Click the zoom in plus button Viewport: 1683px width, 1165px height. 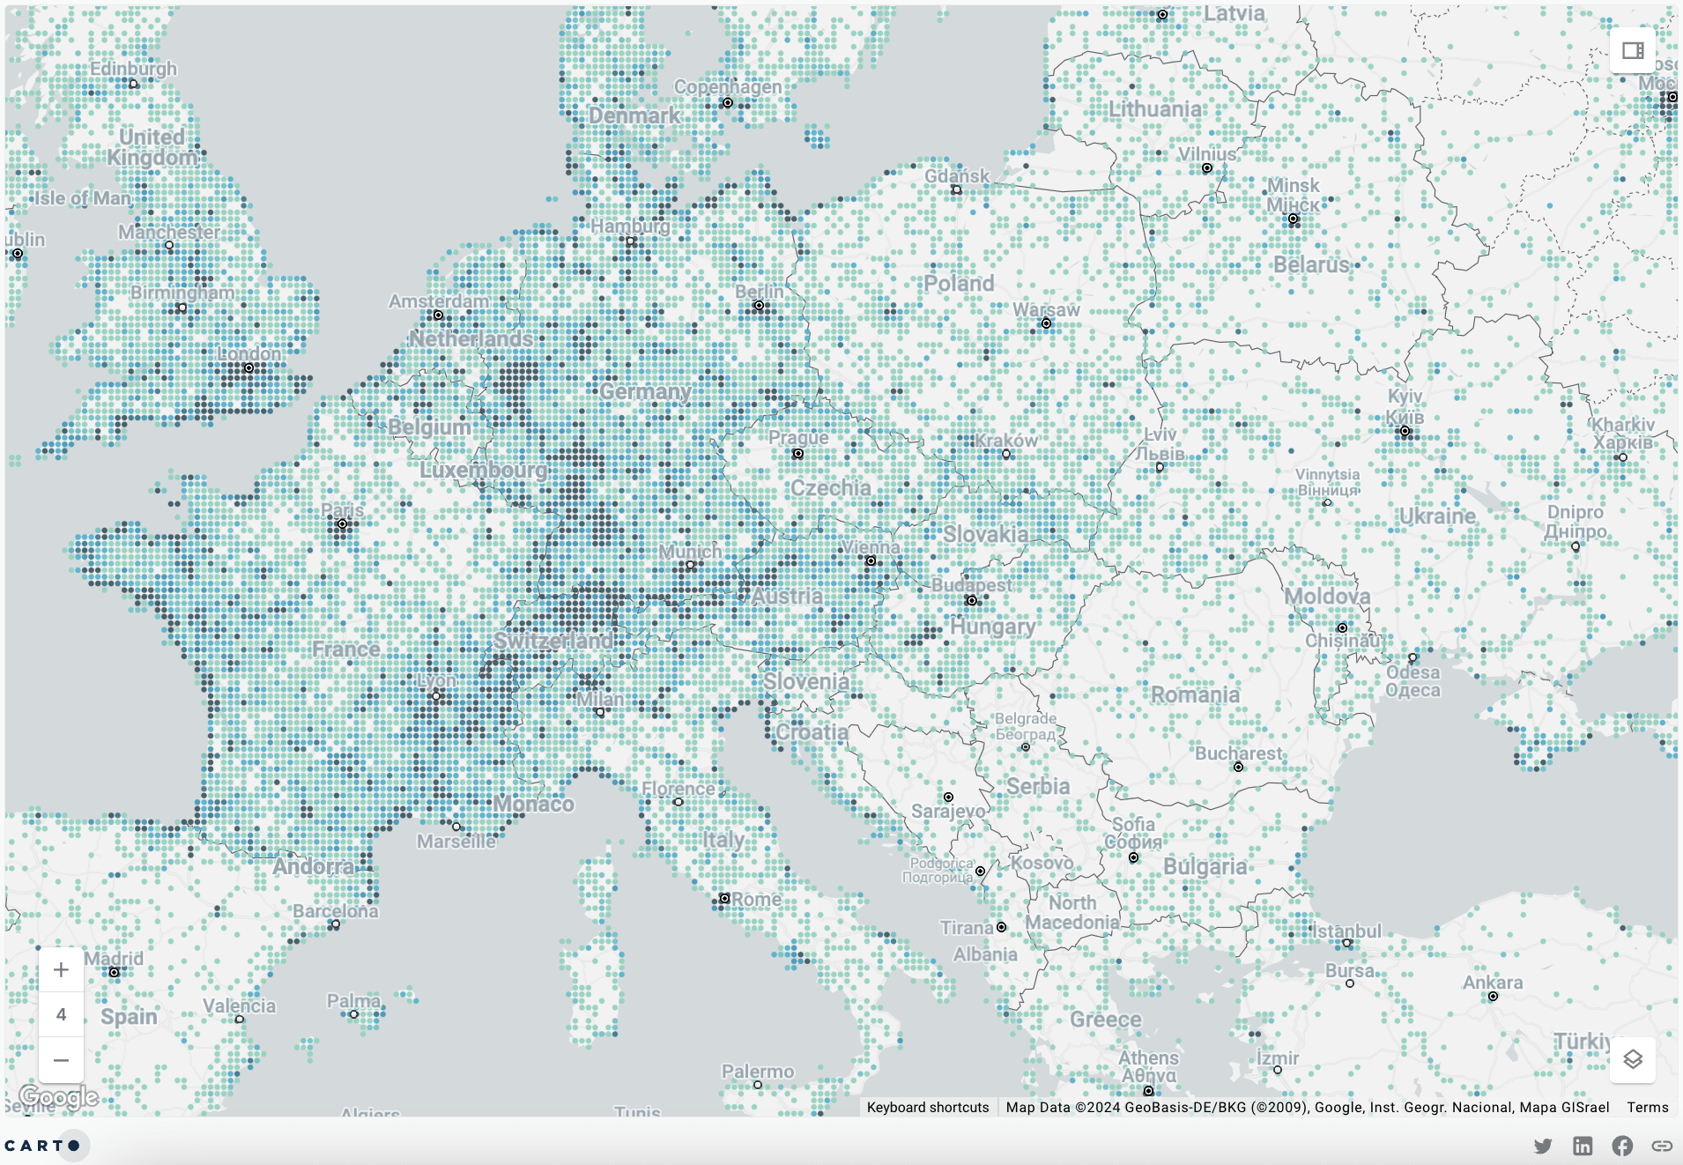pyautogui.click(x=61, y=969)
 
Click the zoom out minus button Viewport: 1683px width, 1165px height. pyautogui.click(x=61, y=1060)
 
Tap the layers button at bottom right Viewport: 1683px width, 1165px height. pyautogui.click(x=1632, y=1059)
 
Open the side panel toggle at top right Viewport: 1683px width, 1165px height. pyautogui.click(x=1632, y=50)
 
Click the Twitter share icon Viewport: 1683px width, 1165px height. pyautogui.click(x=1543, y=1146)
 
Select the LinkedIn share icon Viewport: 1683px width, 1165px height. pyautogui.click(x=1583, y=1146)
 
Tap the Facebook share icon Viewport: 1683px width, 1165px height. pyautogui.click(x=1622, y=1146)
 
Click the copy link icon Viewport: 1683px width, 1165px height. pyautogui.click(x=1662, y=1146)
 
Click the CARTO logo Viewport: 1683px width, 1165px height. pyautogui.click(x=42, y=1146)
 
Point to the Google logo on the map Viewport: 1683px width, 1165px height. pyautogui.click(x=58, y=1097)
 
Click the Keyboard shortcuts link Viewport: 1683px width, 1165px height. pyautogui.click(x=928, y=1108)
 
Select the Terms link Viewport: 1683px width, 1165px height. pyautogui.click(x=1647, y=1108)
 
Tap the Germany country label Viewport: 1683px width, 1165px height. pyautogui.click(x=645, y=391)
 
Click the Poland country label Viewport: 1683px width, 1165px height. pyautogui.click(x=959, y=284)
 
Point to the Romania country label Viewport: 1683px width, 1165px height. pyautogui.click(x=1195, y=695)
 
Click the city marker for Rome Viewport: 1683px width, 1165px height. pyautogui.click(x=724, y=899)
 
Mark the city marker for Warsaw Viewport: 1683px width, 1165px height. pyautogui.click(x=1046, y=323)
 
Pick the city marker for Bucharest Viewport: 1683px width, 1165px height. pyautogui.click(x=1238, y=768)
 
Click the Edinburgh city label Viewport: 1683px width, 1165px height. pyautogui.click(x=133, y=69)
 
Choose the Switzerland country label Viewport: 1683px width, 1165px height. pyautogui.click(x=552, y=641)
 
